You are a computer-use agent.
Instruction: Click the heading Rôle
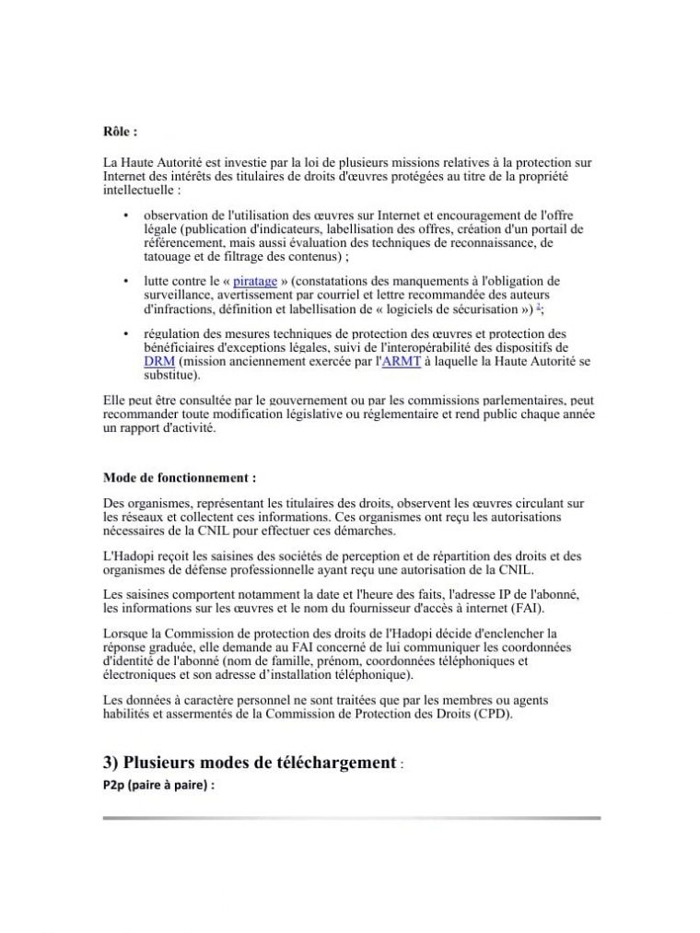[120, 133]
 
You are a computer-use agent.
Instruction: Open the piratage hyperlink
[255, 280]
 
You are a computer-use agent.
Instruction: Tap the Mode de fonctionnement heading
[179, 479]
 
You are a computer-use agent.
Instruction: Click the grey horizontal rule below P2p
[351, 817]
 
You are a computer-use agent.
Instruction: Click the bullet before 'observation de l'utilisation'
[124, 216]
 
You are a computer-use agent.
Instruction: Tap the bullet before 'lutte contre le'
[124, 280]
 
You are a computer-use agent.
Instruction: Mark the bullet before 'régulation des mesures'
[124, 333]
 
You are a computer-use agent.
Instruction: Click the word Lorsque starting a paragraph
[124, 634]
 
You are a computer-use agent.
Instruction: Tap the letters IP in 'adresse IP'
[452, 595]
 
